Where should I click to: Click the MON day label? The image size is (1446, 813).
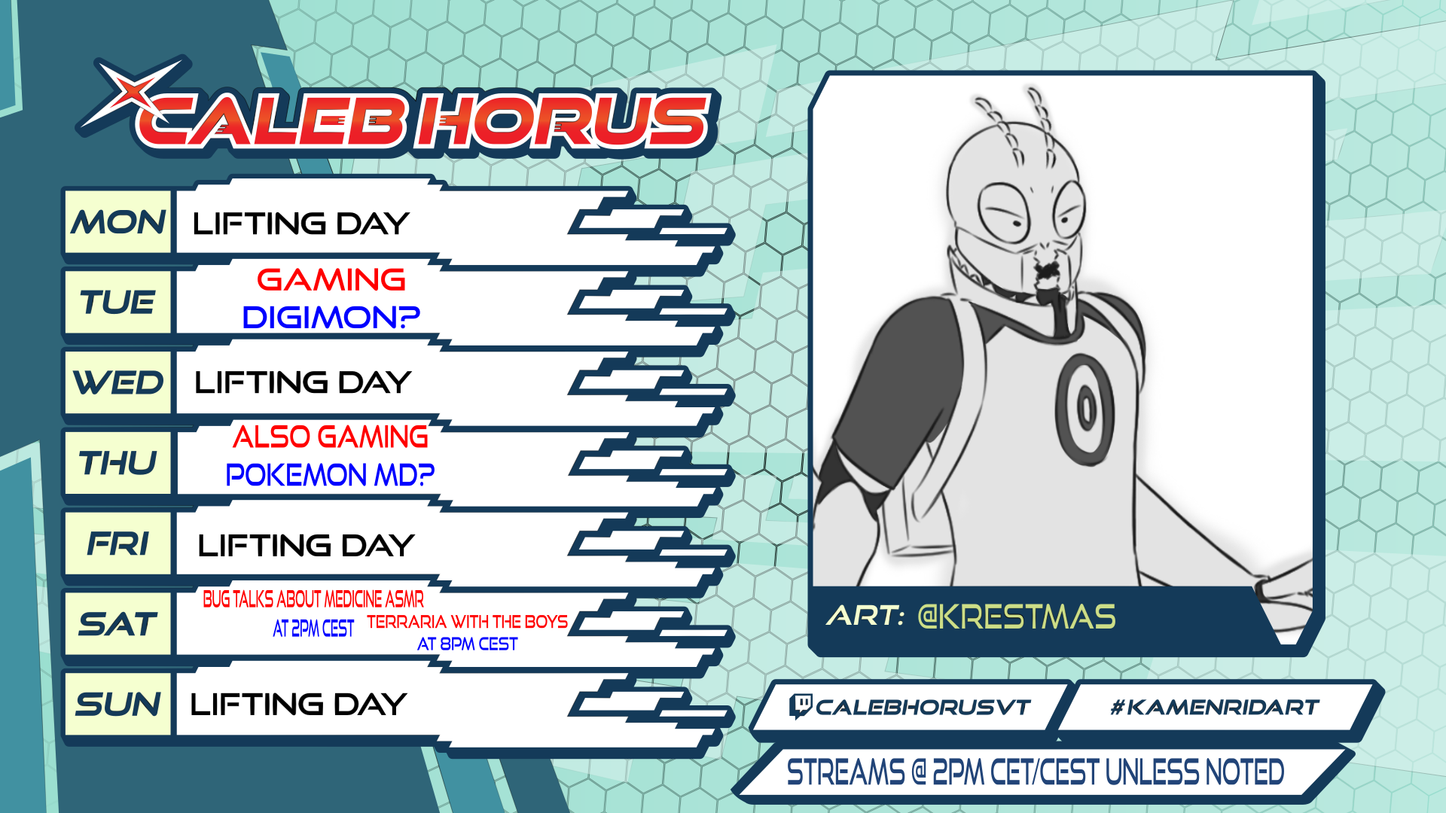[x=118, y=222]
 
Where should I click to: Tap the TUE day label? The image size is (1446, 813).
[x=117, y=302]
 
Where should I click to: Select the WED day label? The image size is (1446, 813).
[x=118, y=382]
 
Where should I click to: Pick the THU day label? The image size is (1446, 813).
[x=118, y=463]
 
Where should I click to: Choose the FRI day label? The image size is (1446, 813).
[x=118, y=544]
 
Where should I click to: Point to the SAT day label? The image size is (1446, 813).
[x=118, y=624]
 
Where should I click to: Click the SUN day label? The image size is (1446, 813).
[x=118, y=705]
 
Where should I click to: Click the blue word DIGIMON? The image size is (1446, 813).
[x=331, y=317]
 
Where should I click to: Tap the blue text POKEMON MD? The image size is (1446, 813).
[x=330, y=475]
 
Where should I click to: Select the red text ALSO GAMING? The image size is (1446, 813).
[x=330, y=437]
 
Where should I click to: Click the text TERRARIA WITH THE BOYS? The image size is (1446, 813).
[x=467, y=622]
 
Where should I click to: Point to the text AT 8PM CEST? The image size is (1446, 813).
[x=467, y=644]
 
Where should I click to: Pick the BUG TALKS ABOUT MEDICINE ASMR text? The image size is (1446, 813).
[x=313, y=599]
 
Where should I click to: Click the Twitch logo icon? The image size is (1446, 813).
[x=800, y=706]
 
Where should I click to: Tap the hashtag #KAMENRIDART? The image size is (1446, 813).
[x=1215, y=707]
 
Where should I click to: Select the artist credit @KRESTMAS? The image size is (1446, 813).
[x=1017, y=617]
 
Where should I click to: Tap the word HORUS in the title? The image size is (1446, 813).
[x=565, y=119]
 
